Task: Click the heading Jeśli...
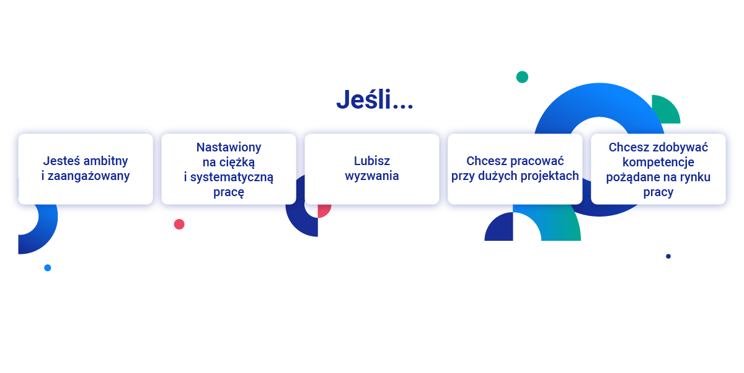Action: click(374, 99)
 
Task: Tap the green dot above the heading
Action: click(522, 77)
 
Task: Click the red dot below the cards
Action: click(179, 225)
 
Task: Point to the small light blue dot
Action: click(48, 268)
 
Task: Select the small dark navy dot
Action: click(668, 256)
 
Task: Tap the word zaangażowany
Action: click(89, 176)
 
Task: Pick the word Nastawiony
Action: click(229, 147)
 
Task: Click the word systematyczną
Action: click(232, 178)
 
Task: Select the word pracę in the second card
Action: click(229, 192)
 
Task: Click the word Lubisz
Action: click(372, 161)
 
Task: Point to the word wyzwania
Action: click(372, 176)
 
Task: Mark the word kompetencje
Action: click(658, 163)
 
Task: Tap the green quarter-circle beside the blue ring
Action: click(665, 110)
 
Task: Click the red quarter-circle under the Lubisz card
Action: click(323, 210)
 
